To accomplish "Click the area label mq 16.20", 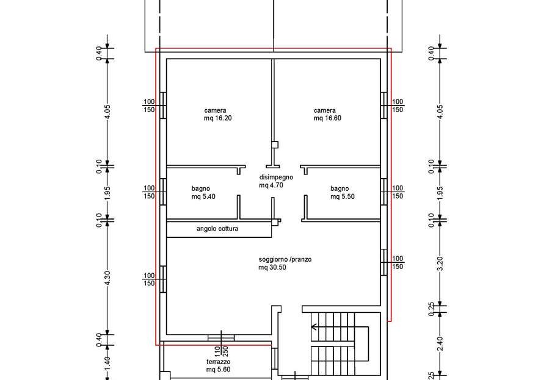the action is click(x=218, y=118).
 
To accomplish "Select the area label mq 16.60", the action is click(x=327, y=118).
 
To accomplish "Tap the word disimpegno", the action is click(x=276, y=177).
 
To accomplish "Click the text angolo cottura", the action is click(x=217, y=229).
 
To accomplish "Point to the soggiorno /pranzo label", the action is click(x=285, y=260).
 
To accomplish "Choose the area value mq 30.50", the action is click(x=272, y=268).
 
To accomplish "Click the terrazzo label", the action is click(x=218, y=362).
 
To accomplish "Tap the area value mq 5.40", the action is click(x=203, y=197).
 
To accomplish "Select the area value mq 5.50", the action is click(x=343, y=197).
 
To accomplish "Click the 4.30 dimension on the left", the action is click(x=107, y=278).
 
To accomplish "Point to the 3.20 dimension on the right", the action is click(x=440, y=264).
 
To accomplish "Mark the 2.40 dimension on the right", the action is click(x=440, y=344).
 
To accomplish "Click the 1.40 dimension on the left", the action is click(x=107, y=363).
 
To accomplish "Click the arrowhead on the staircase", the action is click(x=314, y=328).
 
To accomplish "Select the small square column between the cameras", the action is click(x=275, y=145).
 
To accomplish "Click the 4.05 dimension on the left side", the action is click(x=107, y=112).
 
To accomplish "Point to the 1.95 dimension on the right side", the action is click(x=440, y=193).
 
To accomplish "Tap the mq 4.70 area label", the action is click(x=271, y=185).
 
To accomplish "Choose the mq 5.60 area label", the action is click(x=218, y=370).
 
